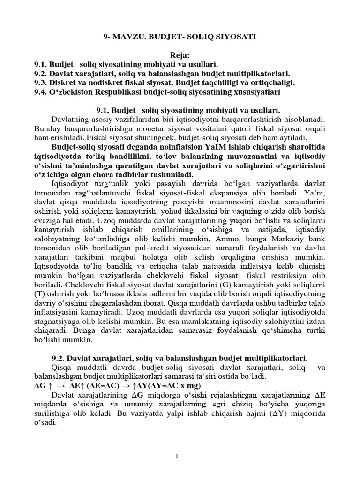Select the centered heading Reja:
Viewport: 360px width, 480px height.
point(180,56)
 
